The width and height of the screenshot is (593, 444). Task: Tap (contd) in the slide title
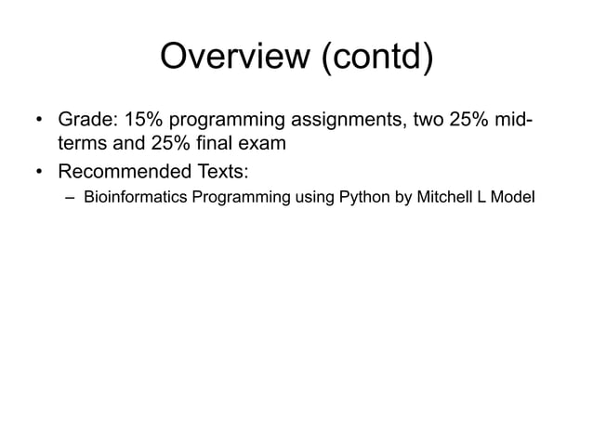tap(376, 58)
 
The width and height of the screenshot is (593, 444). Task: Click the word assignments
tap(345, 121)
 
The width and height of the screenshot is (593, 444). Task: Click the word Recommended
tap(125, 171)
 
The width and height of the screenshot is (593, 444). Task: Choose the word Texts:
tap(221, 171)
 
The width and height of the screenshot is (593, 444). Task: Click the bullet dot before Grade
tap(39, 122)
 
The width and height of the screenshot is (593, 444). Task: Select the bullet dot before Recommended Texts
tap(39, 172)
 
